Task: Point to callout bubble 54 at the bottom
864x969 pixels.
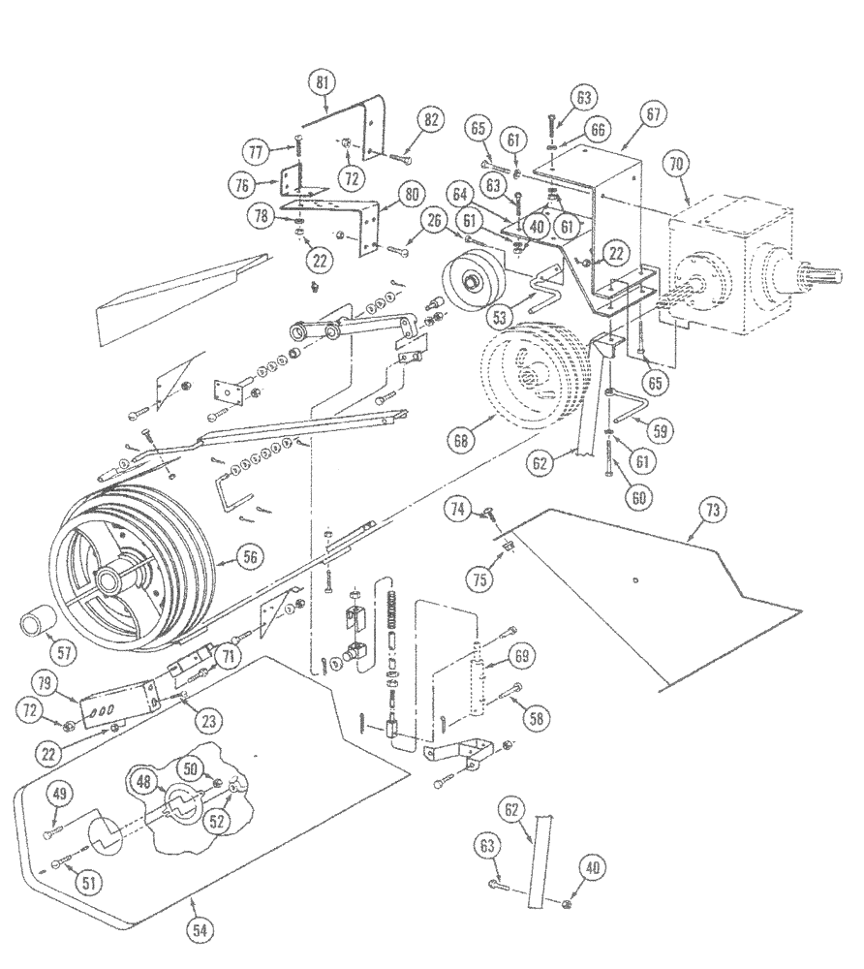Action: click(200, 929)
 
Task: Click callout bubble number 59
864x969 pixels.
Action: click(663, 427)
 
